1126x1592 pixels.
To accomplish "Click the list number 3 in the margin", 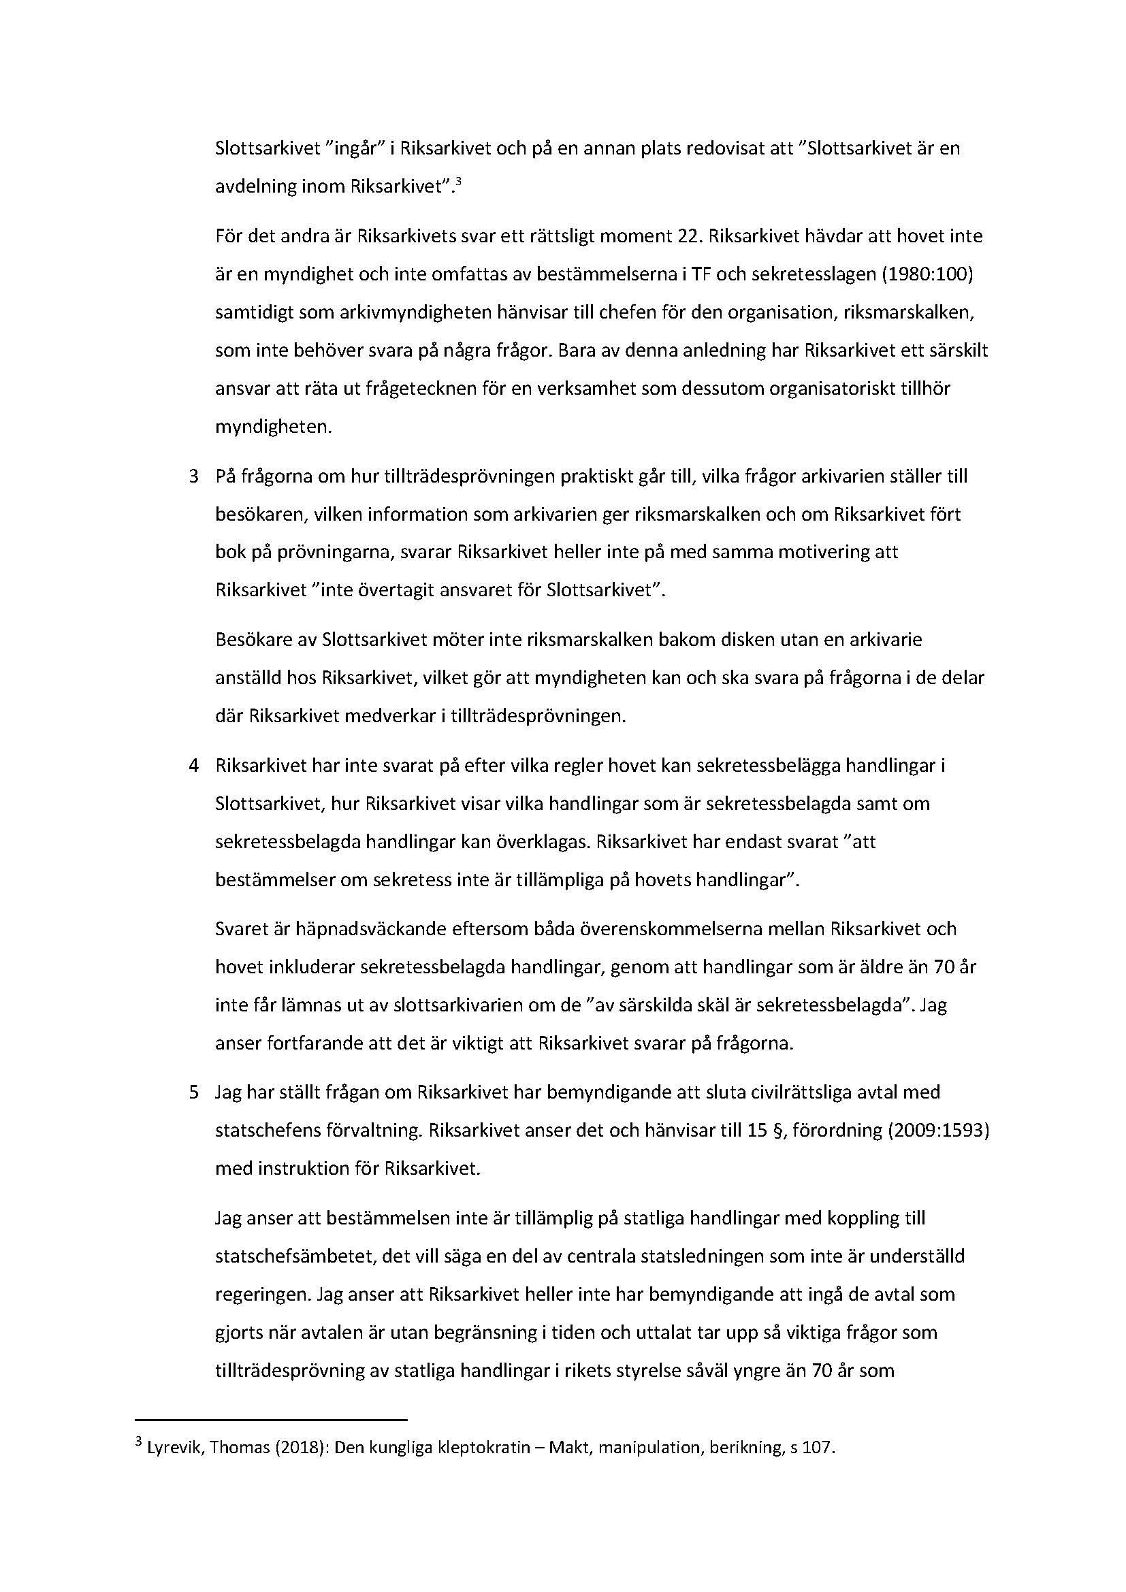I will pyautogui.click(x=194, y=477).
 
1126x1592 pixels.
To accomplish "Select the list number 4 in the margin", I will pyautogui.click(x=194, y=766).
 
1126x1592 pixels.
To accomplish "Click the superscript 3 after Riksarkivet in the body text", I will pyautogui.click(x=458, y=182).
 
